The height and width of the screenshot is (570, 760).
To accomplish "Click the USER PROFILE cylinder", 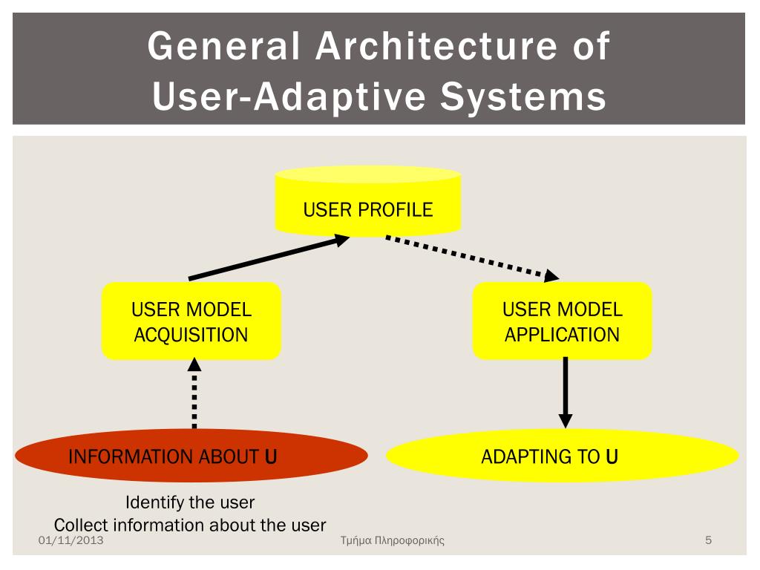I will [367, 204].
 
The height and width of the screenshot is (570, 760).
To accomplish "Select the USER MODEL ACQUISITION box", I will [191, 321].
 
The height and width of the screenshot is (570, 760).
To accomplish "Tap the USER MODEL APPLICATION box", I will [562, 321].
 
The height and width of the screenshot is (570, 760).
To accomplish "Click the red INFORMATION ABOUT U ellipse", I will [191, 456].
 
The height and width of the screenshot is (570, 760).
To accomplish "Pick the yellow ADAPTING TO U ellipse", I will [562, 456].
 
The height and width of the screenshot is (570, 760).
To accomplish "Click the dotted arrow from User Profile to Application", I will [472, 258].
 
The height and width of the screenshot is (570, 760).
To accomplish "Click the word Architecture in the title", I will [436, 46].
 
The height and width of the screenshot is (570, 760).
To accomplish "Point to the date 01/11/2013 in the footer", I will [71, 540].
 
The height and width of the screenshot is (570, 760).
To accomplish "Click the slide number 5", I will [708, 540].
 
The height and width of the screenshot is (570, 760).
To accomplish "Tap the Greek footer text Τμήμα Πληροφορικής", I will [392, 540].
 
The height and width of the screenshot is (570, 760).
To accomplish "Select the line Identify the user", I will [190, 502].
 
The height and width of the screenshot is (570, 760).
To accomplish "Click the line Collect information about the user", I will [190, 525].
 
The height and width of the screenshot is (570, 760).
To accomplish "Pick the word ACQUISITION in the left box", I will [191, 335].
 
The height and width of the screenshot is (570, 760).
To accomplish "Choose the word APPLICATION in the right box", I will [562, 335].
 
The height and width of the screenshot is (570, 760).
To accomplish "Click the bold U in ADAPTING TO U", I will [612, 456].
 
